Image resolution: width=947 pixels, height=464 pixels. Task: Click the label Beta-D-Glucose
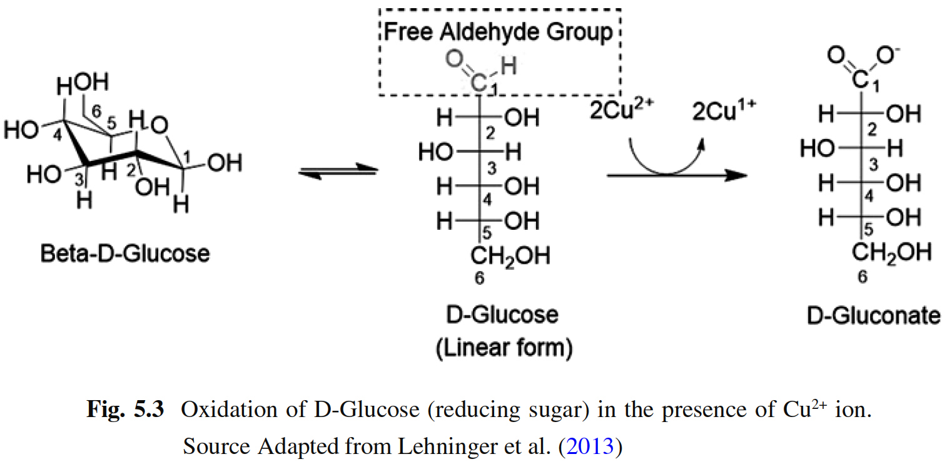tap(124, 254)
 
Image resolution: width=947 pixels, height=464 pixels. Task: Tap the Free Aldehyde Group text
tap(499, 31)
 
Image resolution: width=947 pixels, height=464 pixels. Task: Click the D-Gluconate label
tap(873, 316)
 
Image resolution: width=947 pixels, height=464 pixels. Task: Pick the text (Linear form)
tap(504, 348)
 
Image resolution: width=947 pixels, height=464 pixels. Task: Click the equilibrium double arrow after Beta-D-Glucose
tap(338, 171)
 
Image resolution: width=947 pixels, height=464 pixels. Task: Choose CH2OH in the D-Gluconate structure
tap(891, 252)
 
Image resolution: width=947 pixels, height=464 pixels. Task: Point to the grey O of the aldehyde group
tap(455, 61)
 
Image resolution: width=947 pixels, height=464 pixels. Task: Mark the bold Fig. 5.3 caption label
tap(124, 410)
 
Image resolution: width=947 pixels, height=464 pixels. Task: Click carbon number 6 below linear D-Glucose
tap(479, 279)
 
